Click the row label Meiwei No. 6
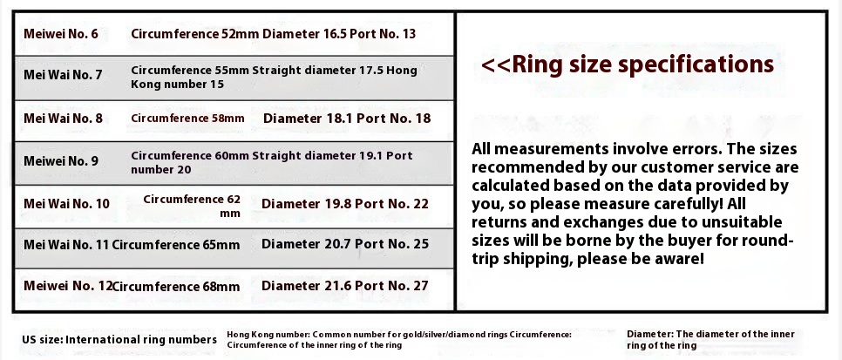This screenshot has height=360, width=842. pos(61,34)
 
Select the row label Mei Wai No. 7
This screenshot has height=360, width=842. pos(63,74)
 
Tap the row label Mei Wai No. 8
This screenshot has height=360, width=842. pos(63,118)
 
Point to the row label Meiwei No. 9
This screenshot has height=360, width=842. pos(61,160)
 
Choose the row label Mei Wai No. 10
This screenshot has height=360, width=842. pos(66,204)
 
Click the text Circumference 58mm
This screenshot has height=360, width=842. pos(187,118)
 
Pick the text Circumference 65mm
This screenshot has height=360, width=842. pos(175,245)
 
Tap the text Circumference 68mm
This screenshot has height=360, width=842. pos(177,287)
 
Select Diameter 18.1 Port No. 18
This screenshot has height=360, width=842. pos(347,119)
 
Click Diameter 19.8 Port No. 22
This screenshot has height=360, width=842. pos(345,204)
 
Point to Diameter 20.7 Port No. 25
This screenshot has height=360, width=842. pos(345,244)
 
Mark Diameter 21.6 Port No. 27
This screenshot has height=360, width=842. pos(345,285)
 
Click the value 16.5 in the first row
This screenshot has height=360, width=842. pos(335,34)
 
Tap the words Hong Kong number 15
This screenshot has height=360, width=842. pos(274,78)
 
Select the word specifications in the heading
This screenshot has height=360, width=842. pos(696,65)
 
